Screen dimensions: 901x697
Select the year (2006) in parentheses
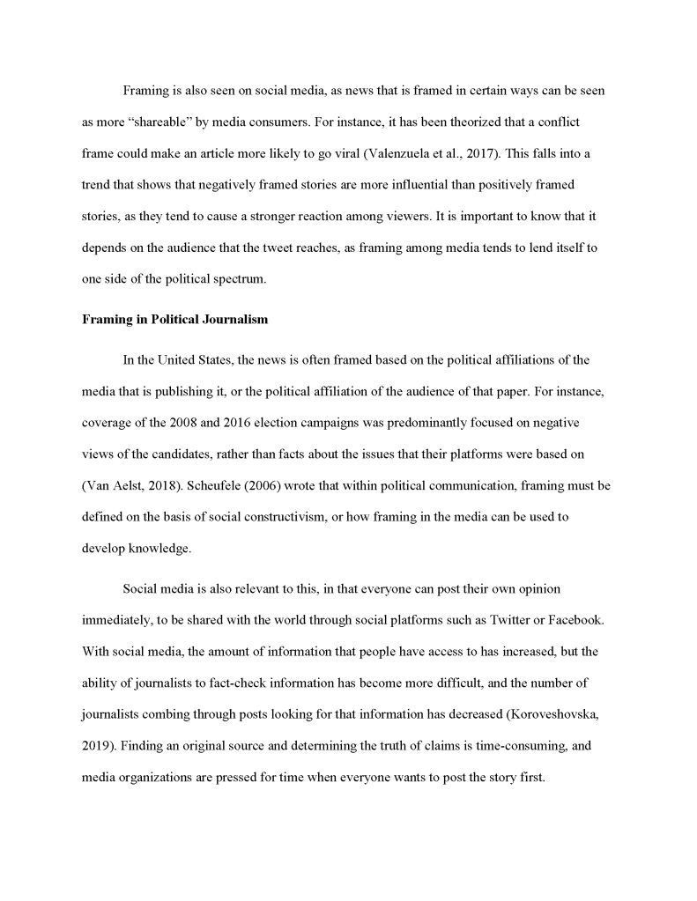pos(274,484)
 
